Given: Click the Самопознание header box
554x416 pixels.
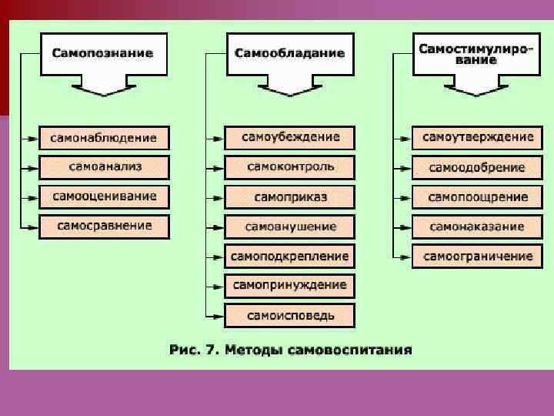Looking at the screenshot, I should click(x=102, y=53).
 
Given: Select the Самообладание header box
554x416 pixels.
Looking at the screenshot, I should click(x=289, y=53).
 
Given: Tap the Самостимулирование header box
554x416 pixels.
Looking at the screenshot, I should click(x=476, y=53).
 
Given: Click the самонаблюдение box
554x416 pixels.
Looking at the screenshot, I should click(x=104, y=138).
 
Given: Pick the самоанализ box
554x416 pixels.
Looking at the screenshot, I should click(x=104, y=167).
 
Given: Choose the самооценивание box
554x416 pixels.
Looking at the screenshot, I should click(x=104, y=196).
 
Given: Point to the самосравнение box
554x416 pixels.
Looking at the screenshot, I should click(x=104, y=226).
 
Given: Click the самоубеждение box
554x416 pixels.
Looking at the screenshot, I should click(x=290, y=138).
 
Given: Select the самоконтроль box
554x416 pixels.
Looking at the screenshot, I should click(x=290, y=167).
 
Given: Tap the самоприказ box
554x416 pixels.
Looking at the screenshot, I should click(x=290, y=197).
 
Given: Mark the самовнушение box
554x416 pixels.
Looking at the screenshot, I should click(x=290, y=226).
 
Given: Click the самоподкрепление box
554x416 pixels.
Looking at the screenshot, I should click(x=290, y=256).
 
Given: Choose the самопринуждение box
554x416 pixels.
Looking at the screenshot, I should click(x=290, y=285).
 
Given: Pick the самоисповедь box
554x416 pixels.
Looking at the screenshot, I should click(x=290, y=315).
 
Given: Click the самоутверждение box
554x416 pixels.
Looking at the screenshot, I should click(x=477, y=138).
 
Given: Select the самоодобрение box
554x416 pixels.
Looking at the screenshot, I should click(x=477, y=167).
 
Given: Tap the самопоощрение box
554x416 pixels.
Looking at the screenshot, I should click(x=477, y=197).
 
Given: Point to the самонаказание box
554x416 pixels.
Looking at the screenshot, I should click(x=477, y=226).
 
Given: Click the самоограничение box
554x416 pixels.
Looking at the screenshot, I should click(x=477, y=256).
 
